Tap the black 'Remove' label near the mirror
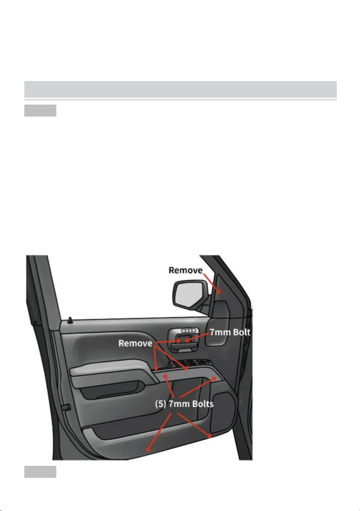(186, 270)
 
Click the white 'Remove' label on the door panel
(135, 343)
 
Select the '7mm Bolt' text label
(230, 332)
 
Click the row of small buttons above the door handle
(188, 330)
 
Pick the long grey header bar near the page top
(181, 89)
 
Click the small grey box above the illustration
(41, 111)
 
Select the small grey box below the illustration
(41, 472)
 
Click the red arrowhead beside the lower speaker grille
(210, 436)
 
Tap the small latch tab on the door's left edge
(66, 407)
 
